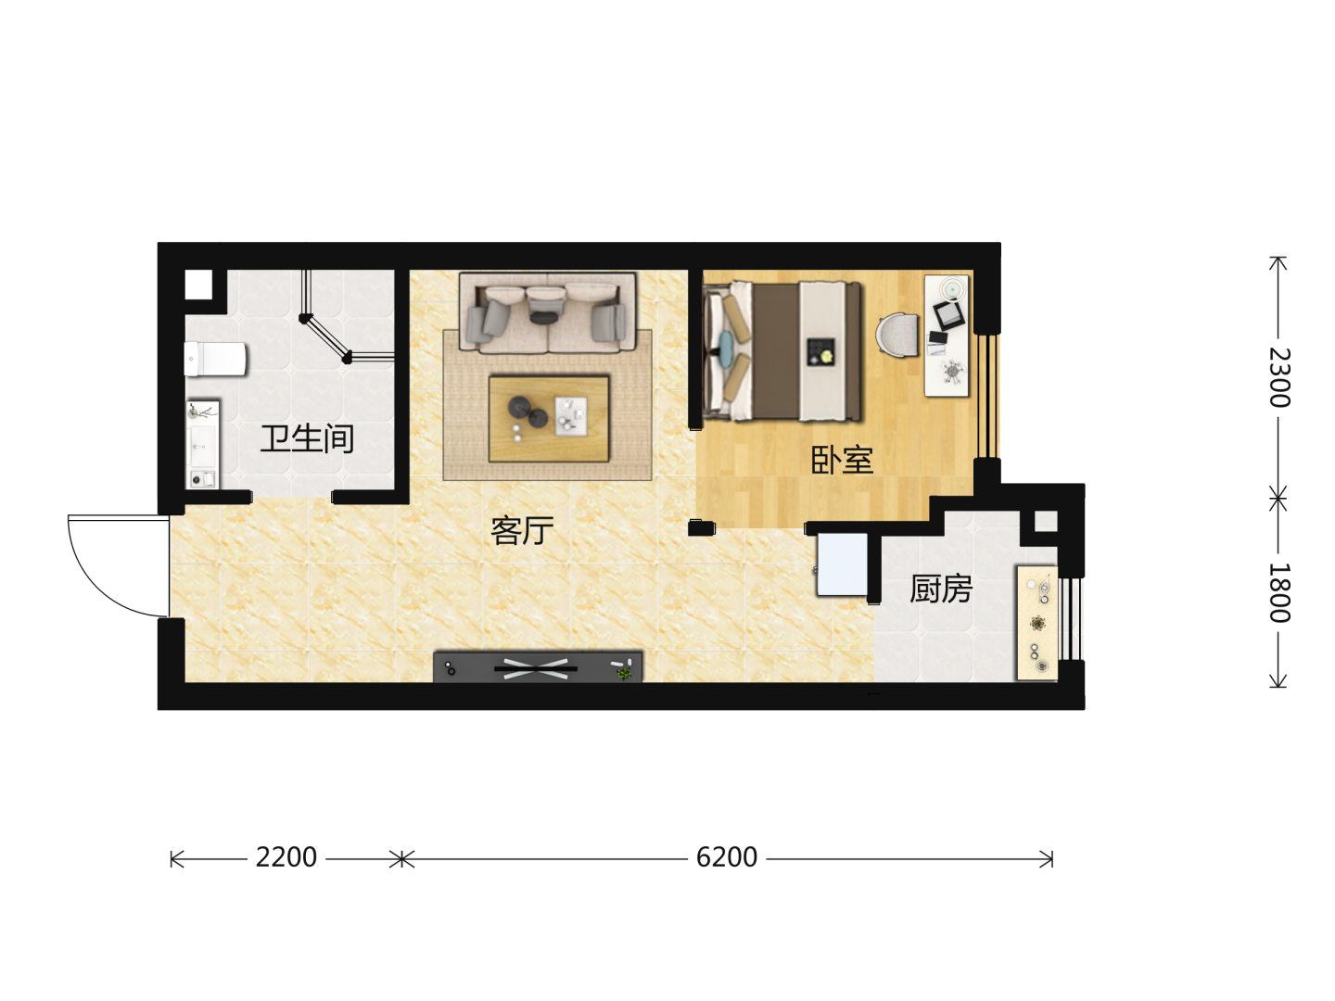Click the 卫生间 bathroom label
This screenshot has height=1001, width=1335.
tap(307, 438)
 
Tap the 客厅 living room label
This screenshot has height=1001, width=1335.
tap(522, 530)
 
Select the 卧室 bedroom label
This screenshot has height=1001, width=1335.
tap(843, 460)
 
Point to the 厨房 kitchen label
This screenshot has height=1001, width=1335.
tap(941, 589)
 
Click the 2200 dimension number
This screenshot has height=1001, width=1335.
tap(286, 857)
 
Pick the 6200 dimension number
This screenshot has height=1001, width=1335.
tap(726, 857)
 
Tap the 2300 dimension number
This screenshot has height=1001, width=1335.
tap(1279, 377)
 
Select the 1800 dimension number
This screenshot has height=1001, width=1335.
tap(1279, 592)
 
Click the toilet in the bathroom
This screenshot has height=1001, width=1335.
tap(215, 359)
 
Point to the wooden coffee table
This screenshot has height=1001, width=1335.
tap(549, 418)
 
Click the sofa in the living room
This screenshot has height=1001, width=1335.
tap(547, 312)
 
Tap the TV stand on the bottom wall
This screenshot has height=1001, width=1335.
tap(538, 667)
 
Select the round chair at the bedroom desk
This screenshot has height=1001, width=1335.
tap(897, 334)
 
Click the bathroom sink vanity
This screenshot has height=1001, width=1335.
tap(202, 444)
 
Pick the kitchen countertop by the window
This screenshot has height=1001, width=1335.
tap(1037, 623)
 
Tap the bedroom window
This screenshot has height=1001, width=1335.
tap(987, 396)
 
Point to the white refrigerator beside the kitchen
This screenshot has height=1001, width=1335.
tap(842, 564)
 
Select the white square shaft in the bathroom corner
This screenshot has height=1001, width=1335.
tap(198, 285)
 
